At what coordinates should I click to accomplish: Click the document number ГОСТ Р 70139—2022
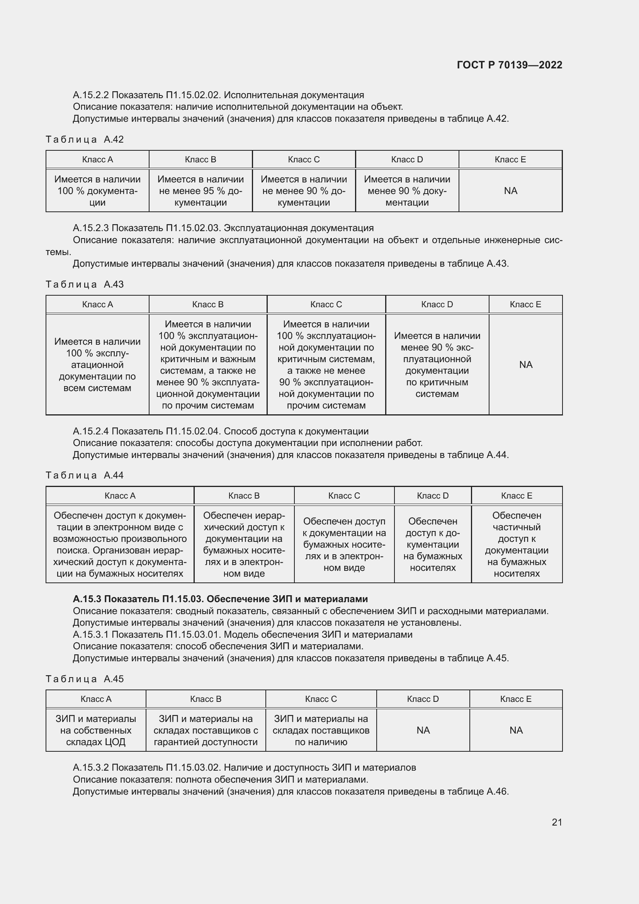pos(509,65)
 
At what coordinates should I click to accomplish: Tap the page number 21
pos(557,822)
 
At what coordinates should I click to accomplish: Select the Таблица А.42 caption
pos(85,140)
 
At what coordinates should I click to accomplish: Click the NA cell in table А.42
pos(510,191)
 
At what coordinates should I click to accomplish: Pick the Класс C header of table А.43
pos(326,304)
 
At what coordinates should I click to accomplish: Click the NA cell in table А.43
pos(525,364)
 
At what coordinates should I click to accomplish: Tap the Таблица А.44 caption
pos(85,475)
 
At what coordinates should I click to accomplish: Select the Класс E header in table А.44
pos(516,496)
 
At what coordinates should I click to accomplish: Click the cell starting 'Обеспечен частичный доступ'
pos(516,544)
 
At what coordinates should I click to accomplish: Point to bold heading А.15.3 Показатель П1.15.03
pos(220,599)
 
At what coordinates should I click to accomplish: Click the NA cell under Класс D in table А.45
pos(423,730)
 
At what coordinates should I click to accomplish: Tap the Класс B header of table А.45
pos(206,699)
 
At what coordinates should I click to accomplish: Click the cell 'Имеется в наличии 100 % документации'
pos(97,191)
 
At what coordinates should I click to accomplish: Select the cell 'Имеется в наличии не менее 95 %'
pos(200,191)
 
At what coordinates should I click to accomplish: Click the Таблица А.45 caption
pos(85,679)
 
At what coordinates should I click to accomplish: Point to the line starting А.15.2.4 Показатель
pos(220,431)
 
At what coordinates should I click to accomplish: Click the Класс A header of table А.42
pos(97,160)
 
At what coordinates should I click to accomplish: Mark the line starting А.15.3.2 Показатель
pos(244,768)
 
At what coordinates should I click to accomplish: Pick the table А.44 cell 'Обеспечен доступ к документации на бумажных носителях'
pos(432,544)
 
